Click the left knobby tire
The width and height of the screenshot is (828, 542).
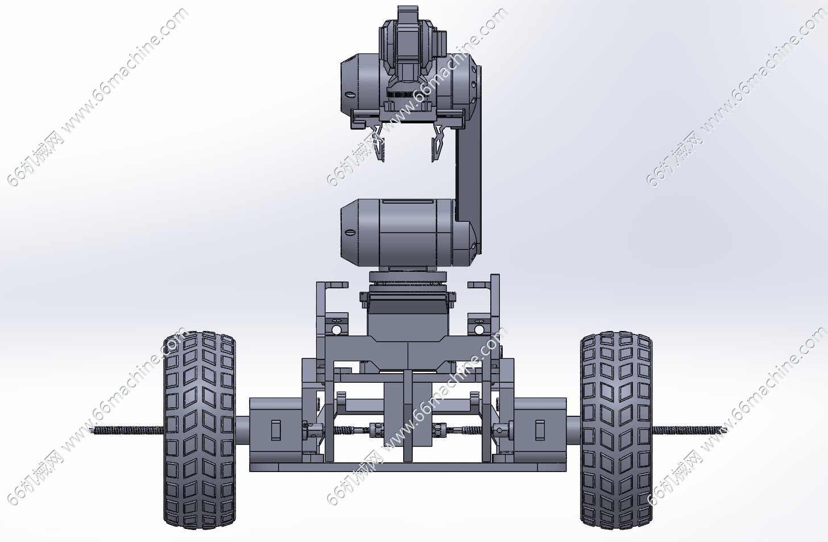[x=199, y=429]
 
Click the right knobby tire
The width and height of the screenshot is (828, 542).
[x=616, y=429]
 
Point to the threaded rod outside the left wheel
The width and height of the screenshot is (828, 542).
[x=127, y=430]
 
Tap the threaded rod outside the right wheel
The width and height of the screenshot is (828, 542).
[x=689, y=430]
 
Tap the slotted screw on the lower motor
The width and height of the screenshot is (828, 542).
[x=349, y=233]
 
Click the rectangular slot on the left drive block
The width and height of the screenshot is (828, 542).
[x=276, y=431]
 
